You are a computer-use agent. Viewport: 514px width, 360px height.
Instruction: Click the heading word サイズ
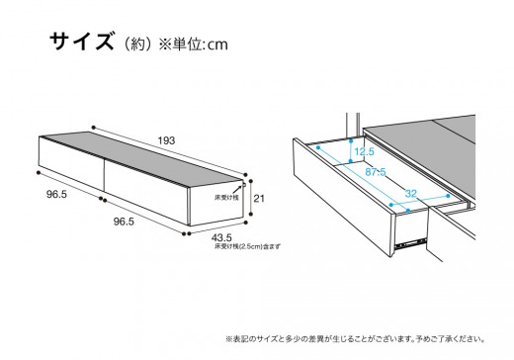click(81, 41)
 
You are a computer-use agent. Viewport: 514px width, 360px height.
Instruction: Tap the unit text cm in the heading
click(217, 45)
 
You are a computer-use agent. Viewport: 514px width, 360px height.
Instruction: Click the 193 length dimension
click(166, 140)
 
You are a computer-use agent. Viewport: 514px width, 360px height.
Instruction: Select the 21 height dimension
click(259, 199)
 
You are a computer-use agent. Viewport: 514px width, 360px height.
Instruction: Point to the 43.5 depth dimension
click(221, 237)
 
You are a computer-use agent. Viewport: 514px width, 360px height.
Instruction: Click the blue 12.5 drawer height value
click(365, 151)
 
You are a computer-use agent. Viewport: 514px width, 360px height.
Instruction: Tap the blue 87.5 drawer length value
click(376, 172)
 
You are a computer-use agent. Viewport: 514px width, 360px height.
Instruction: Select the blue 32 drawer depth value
click(411, 193)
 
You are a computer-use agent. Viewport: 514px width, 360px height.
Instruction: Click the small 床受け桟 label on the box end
click(226, 198)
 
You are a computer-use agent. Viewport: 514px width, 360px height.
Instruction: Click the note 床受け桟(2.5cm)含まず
click(247, 246)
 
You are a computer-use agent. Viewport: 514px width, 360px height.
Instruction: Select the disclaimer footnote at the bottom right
click(356, 338)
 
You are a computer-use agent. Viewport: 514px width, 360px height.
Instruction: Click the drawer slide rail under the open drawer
click(411, 242)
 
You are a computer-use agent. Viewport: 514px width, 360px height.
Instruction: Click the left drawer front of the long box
click(71, 163)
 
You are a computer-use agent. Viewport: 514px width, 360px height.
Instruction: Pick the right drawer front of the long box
click(145, 192)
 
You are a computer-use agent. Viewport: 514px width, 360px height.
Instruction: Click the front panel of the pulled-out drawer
click(343, 198)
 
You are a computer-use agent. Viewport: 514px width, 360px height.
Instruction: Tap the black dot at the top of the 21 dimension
click(251, 181)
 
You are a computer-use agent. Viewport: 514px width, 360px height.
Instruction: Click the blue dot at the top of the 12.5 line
click(351, 140)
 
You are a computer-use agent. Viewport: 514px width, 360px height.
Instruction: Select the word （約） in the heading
click(137, 45)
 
